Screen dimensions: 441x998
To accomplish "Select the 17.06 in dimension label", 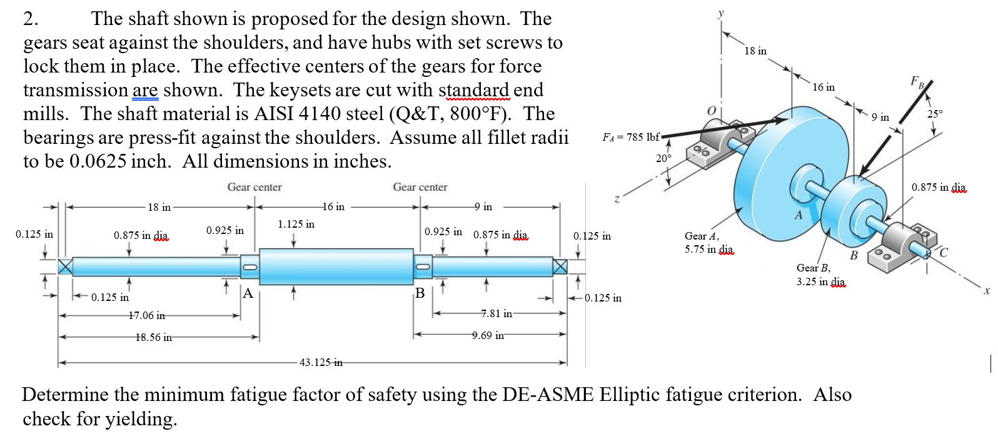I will [148, 316].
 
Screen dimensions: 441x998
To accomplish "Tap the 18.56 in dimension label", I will [153, 337].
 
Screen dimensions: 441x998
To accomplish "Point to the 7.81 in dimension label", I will [496, 313].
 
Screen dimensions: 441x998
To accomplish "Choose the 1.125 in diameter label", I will [296, 224].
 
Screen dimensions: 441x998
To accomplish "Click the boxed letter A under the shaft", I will [248, 293].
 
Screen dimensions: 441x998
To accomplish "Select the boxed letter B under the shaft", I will [420, 293].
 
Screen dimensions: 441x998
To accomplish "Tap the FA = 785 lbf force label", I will [631, 136].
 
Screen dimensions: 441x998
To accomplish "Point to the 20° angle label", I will [663, 158].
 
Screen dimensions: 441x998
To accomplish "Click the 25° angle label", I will [935, 114].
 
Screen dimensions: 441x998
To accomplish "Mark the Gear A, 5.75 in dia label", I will [709, 242].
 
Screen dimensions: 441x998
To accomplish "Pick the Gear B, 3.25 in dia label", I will [820, 275].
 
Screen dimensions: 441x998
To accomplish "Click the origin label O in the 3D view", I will [710, 111].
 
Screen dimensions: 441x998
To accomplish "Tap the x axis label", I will [987, 290].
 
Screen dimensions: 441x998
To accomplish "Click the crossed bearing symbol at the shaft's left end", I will [65, 266].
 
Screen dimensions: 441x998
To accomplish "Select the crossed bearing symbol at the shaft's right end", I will [560, 266].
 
